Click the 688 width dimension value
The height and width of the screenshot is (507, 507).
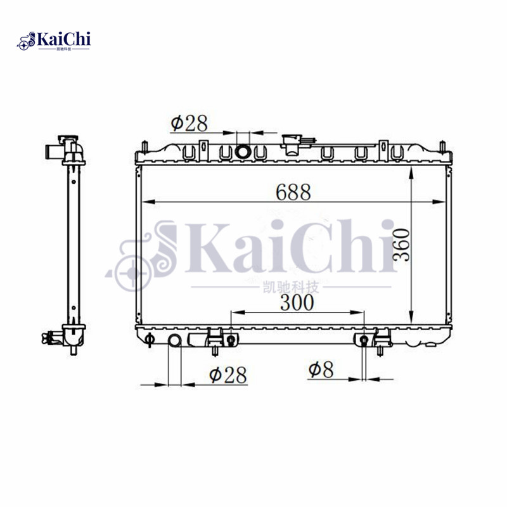pyautogui.click(x=293, y=192)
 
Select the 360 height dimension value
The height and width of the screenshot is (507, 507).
pyautogui.click(x=401, y=245)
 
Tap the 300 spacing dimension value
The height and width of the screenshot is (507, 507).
pyautogui.click(x=297, y=302)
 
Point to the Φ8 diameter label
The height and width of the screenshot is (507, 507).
pyautogui.click(x=321, y=370)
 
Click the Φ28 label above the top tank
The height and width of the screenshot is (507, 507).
pyautogui.click(x=189, y=123)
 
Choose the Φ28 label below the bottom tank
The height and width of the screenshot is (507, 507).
pyautogui.click(x=228, y=375)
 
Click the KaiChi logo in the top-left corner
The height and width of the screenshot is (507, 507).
pyautogui.click(x=54, y=41)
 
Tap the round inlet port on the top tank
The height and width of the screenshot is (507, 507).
pyautogui.click(x=243, y=151)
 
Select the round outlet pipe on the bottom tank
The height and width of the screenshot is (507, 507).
pyautogui.click(x=175, y=340)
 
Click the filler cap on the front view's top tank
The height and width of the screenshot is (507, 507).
pyautogui.click(x=293, y=144)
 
